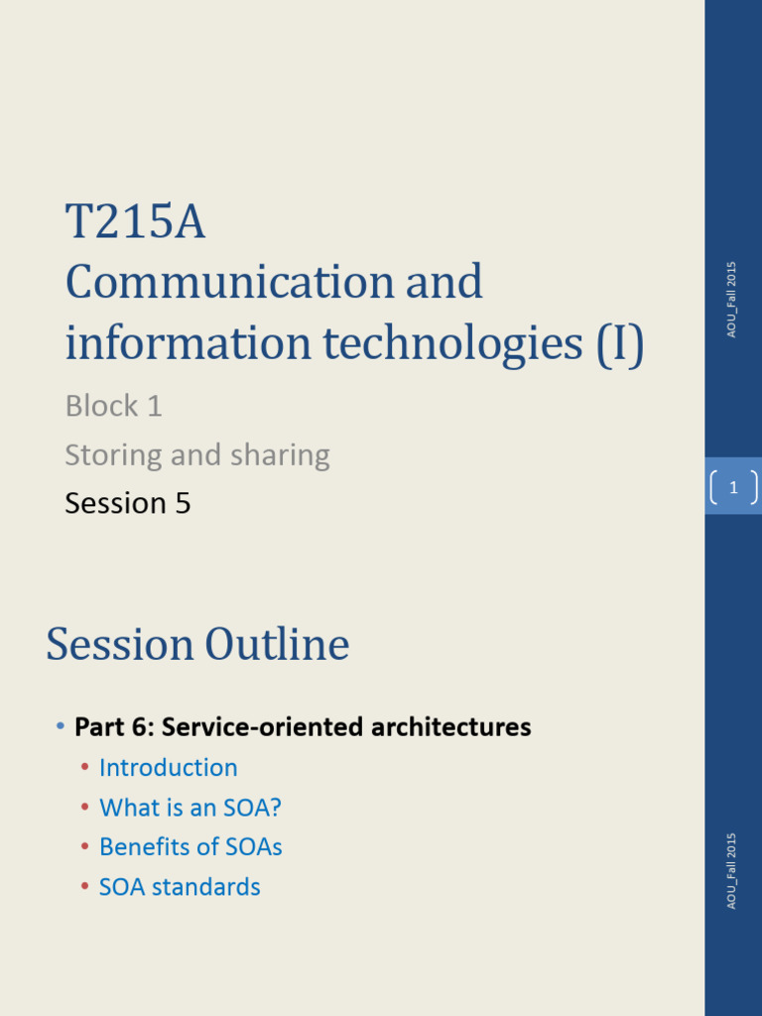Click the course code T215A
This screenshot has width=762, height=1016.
point(135,222)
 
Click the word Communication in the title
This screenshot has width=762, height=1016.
point(229,283)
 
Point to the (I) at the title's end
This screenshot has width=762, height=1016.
point(620,343)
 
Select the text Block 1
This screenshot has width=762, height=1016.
point(113,406)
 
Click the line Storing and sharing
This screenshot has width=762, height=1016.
point(196,455)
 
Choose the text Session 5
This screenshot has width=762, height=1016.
point(127,503)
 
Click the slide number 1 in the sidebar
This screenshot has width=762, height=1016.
point(733,487)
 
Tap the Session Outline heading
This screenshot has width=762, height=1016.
point(197,645)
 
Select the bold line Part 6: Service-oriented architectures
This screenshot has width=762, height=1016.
point(303,727)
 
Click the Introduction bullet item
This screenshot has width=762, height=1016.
point(168,768)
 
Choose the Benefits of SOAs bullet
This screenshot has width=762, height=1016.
point(190,847)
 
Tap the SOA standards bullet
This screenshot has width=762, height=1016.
point(180,887)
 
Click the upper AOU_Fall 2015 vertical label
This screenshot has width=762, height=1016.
point(731,300)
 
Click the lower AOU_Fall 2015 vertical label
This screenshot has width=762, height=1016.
point(731,870)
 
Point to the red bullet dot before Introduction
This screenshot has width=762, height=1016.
point(84,768)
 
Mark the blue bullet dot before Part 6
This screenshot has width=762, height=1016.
point(61,727)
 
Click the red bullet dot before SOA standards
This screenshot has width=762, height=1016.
point(84,887)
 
